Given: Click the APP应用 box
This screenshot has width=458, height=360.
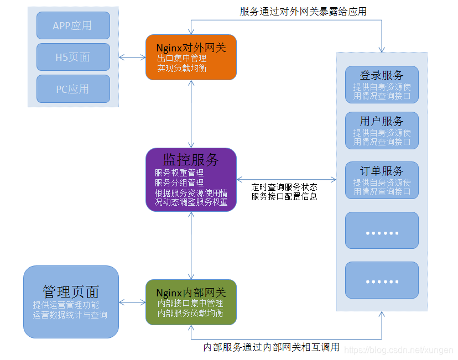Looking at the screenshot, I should [x=73, y=25].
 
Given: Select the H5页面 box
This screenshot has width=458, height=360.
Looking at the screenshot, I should [x=73, y=57].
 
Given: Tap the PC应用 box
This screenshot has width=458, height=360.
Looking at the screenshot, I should [x=73, y=89].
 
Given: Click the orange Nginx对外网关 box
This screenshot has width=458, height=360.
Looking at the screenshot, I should [x=191, y=57].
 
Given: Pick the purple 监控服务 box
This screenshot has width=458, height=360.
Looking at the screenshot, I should [x=191, y=179].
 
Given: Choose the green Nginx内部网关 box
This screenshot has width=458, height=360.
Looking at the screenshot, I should [x=191, y=302].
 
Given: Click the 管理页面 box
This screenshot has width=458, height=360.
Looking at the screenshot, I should [x=71, y=302].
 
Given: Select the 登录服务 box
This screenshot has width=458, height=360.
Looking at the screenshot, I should [x=382, y=85].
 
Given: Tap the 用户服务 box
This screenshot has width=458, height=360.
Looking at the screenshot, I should [x=382, y=131].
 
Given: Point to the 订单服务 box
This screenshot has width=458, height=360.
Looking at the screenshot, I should [x=382, y=180].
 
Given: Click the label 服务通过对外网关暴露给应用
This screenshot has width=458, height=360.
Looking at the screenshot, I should [x=303, y=11].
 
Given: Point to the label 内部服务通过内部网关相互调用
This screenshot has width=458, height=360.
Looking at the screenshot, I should [x=271, y=347].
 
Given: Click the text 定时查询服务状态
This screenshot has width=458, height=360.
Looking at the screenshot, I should [x=284, y=187].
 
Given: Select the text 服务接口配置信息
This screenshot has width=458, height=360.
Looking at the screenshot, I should [x=284, y=196].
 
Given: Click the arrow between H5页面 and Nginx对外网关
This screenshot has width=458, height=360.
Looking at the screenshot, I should [x=132, y=57].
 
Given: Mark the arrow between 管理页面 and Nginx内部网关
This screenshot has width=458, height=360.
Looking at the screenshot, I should [x=132, y=302].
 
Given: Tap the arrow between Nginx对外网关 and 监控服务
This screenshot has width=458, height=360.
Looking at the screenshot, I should [x=191, y=113].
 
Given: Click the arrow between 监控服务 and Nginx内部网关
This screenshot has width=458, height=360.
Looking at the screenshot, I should [x=191, y=245].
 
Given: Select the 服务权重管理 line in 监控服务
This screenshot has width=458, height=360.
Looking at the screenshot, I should [x=179, y=173].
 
